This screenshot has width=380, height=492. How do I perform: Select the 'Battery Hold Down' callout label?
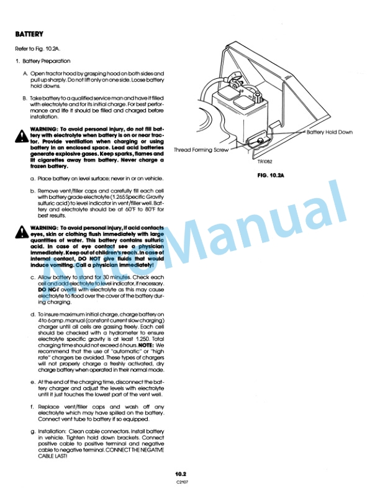[x=328, y=132]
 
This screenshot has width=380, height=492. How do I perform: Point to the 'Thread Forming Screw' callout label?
[x=201, y=150]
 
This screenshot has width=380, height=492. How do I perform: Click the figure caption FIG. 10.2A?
[x=269, y=176]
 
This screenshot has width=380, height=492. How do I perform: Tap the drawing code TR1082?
[x=265, y=163]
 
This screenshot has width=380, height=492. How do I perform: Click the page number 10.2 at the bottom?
[x=181, y=473]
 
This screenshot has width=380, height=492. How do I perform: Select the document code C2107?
[x=181, y=481]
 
